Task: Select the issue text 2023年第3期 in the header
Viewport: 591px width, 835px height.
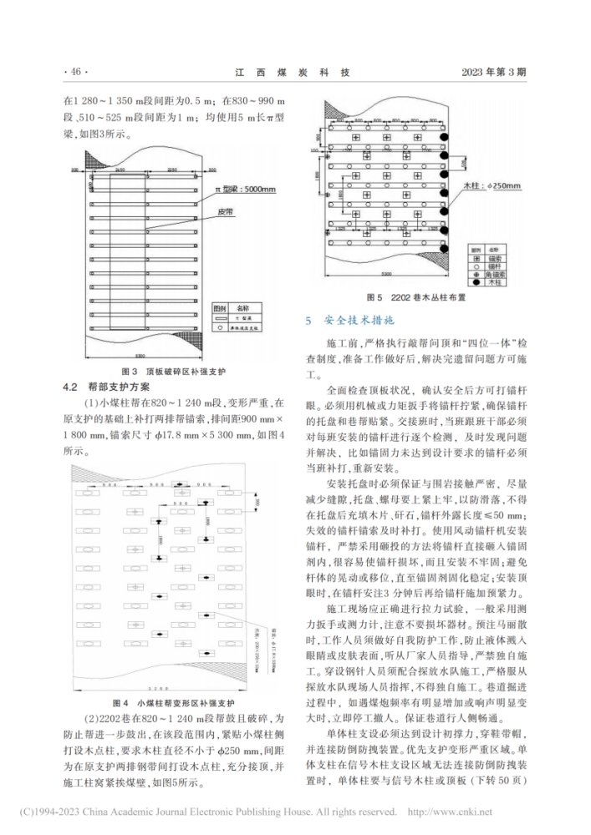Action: click(494, 72)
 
